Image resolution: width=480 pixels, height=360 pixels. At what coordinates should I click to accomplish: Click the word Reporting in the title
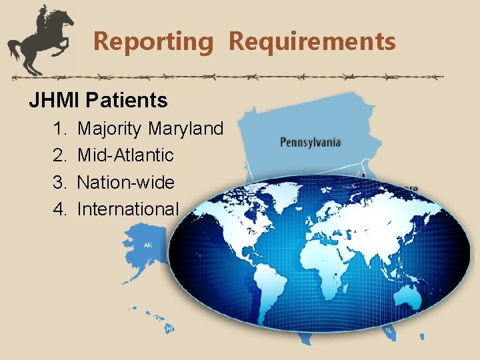(153, 41)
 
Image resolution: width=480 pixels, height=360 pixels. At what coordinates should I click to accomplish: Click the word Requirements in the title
(312, 41)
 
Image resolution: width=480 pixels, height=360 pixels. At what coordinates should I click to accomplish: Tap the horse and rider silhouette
(40, 40)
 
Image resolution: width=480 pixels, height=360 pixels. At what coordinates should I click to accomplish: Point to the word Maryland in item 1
(186, 129)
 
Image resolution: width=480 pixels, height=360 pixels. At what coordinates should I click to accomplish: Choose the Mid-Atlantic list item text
(125, 155)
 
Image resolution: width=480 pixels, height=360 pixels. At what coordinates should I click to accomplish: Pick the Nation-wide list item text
(126, 182)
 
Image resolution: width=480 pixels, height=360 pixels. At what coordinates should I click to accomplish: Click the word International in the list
(128, 209)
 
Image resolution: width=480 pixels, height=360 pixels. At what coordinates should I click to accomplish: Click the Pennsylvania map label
(311, 142)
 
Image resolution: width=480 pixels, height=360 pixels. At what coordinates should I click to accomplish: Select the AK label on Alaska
(148, 245)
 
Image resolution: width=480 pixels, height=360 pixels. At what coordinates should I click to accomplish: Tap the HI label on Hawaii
(169, 328)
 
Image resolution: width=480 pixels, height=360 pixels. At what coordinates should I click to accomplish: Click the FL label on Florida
(387, 329)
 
